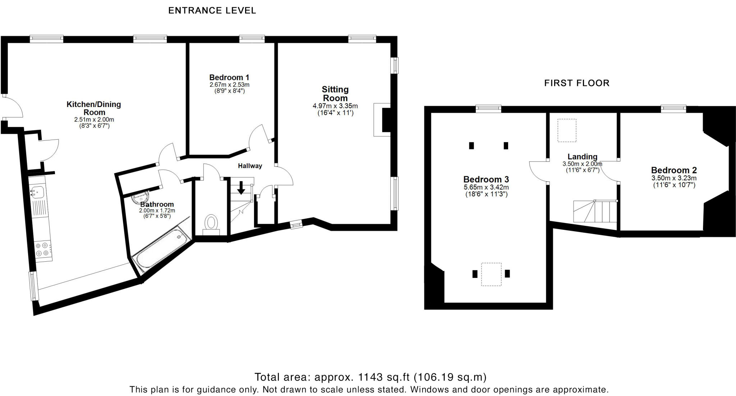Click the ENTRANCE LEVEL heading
point(212,11)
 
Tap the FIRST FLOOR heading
point(576,83)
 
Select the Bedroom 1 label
point(229,78)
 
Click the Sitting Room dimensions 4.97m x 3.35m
point(335,106)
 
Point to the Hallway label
point(250,166)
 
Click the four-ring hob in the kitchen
point(42,249)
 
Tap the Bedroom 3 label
point(486,180)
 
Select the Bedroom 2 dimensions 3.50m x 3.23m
point(674,178)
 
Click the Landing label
point(582,157)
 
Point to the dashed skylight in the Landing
point(567,130)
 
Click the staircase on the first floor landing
point(595,212)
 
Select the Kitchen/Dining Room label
point(94,108)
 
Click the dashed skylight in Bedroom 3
point(491,274)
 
